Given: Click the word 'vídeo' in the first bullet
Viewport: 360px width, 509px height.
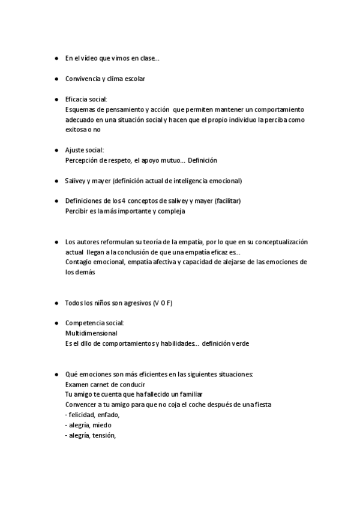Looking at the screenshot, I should coord(93,58).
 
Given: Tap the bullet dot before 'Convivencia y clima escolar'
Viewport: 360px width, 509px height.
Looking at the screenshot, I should coord(56,79).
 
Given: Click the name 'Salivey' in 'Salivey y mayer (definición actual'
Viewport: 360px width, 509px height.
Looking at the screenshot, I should coord(76,181).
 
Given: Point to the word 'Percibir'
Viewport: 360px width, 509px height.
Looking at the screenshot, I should coord(76,211).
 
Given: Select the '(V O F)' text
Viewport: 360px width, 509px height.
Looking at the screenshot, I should coord(162,303).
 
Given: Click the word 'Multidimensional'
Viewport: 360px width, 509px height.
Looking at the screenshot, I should coord(91,333).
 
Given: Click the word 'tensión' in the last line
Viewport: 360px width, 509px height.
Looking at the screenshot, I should coord(103,435).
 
